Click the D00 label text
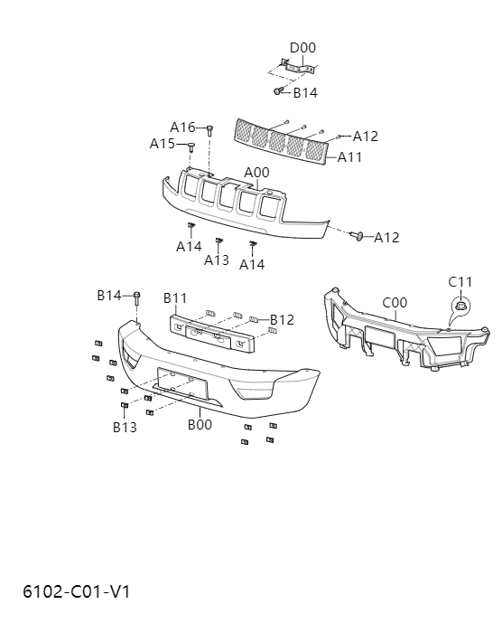coord(302,48)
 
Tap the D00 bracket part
coord(295,67)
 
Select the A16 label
coord(182,127)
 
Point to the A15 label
coord(163,144)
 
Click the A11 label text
coord(349,157)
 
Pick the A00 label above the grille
coord(257,173)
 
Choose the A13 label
coord(217,260)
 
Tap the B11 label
coord(175,297)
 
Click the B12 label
coord(282,319)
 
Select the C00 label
coord(395,303)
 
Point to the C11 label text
coord(460,282)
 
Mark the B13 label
coord(125,427)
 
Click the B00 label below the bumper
coord(200,424)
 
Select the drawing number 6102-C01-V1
coord(77,592)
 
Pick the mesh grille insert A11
coord(281,140)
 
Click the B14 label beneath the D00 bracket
coord(305,92)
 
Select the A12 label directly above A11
coord(366,137)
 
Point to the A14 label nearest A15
coord(189,246)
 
